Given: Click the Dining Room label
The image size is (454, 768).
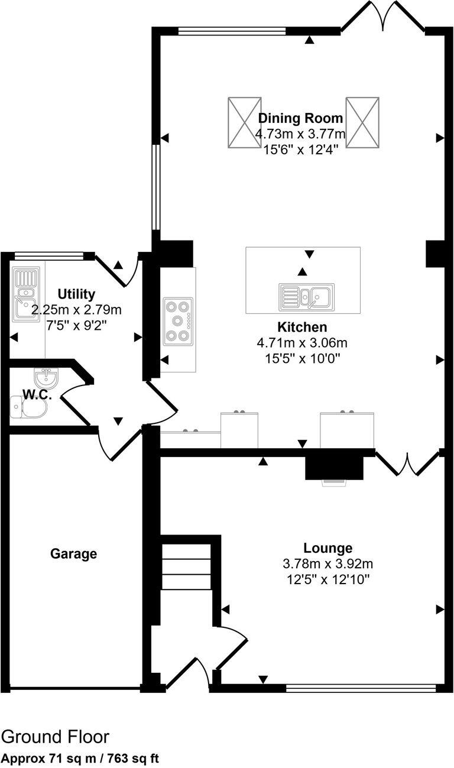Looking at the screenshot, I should click(300, 118).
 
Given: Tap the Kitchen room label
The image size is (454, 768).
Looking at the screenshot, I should click(302, 327).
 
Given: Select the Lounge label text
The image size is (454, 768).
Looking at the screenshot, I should click(328, 548).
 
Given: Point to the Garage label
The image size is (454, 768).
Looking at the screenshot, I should click(73, 554).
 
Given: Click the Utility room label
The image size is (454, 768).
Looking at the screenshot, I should click(76, 294).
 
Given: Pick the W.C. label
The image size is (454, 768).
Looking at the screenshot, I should click(37, 395).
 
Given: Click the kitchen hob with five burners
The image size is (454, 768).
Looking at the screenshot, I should click(179, 320).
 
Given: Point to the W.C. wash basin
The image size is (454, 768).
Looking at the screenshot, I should click(46, 376).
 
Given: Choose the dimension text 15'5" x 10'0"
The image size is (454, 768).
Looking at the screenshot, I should click(301, 358).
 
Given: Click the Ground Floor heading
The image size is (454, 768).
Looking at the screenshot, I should click(55, 737).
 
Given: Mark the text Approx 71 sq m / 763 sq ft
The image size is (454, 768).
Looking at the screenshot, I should click(80, 758).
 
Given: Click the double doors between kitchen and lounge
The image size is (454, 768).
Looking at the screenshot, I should click(407, 463).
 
